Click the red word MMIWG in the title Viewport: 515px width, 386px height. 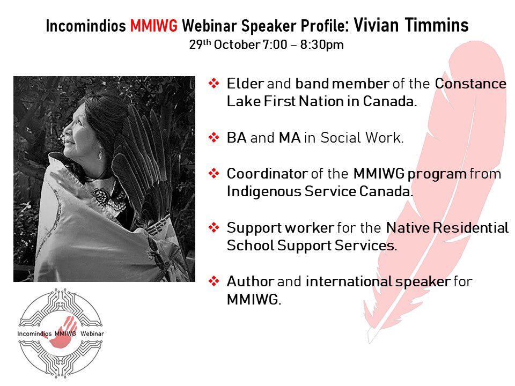[x=154, y=26]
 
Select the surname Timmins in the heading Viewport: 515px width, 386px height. [x=437, y=25]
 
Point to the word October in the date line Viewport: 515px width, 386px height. [x=237, y=44]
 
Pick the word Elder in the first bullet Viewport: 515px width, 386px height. [x=245, y=84]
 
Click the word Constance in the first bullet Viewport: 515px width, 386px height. [x=470, y=84]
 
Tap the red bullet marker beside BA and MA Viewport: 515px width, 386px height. [x=214, y=137]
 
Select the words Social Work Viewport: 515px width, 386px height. [x=362, y=138]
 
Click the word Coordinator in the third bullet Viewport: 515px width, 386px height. [x=267, y=174]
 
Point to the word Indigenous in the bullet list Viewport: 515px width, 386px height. [x=264, y=192]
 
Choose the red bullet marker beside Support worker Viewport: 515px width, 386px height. [x=214, y=227]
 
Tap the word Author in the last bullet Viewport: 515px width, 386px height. [x=251, y=281]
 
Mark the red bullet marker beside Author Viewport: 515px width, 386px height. [x=214, y=281]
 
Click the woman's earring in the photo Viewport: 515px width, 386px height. [x=100, y=153]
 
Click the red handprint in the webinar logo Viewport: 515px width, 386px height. [x=64, y=331]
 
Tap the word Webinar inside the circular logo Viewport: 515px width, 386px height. [x=92, y=333]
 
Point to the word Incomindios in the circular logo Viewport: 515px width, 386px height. [x=34, y=333]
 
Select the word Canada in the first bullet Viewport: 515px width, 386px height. [x=390, y=101]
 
